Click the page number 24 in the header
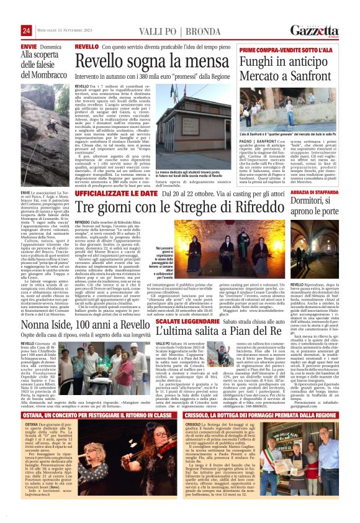coord(26,32)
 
